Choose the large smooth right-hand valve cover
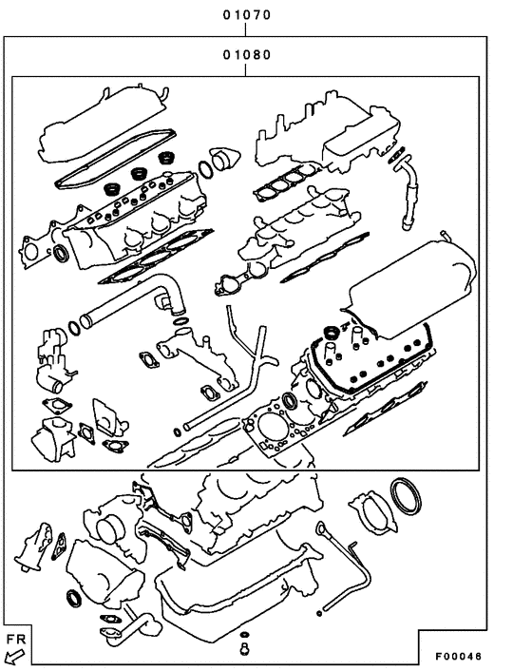[410, 285]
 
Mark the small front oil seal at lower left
[74, 598]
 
